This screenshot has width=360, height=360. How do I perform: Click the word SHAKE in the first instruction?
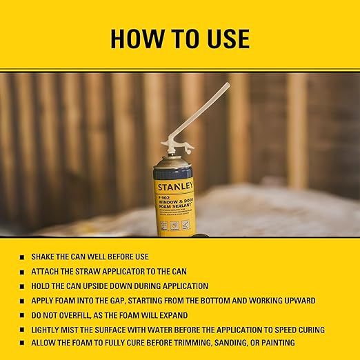click(x=42, y=257)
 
